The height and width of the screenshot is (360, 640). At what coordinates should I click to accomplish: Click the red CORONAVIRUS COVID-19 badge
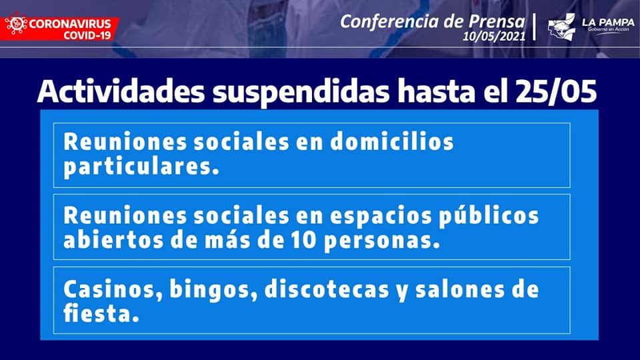coord(59,29)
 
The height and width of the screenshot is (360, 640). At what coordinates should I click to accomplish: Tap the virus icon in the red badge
coord(15,26)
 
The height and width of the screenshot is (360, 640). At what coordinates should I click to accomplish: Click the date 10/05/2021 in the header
coord(494,36)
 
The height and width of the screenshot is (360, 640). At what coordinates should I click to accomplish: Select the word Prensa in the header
coord(496,21)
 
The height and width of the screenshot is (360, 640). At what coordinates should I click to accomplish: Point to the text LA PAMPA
coord(608,23)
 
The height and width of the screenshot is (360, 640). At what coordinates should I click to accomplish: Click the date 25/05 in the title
coord(556,91)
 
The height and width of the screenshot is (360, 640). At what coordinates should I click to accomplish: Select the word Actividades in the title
coord(121,91)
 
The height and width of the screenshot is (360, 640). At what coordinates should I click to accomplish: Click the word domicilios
coord(392,141)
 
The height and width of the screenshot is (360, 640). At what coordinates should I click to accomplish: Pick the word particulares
coord(141,167)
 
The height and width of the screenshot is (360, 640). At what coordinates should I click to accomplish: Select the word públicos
coord(489,216)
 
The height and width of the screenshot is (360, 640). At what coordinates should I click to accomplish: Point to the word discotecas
coord(327,289)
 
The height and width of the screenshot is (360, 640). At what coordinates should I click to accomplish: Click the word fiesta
coord(101,313)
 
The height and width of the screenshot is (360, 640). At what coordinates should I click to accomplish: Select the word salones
coord(459,289)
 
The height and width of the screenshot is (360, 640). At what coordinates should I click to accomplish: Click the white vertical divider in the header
coord(534,27)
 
